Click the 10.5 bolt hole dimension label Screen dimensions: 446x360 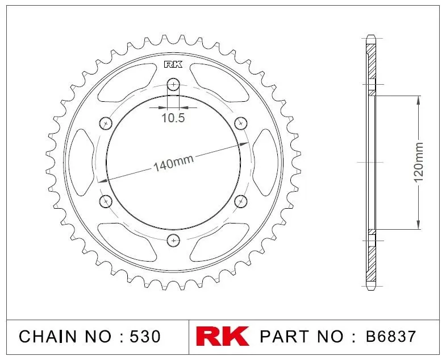[x=173, y=118]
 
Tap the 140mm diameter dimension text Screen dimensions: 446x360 [x=173, y=163]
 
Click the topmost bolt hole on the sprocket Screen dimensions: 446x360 [x=173, y=84]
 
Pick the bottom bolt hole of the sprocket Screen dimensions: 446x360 [x=173, y=240]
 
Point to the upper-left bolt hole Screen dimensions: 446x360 [x=106, y=123]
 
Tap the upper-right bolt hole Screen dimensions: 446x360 [x=241, y=123]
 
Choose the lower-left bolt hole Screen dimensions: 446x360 [x=106, y=201]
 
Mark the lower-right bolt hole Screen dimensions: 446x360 [x=241, y=201]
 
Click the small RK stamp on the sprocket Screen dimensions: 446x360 [x=173, y=65]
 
